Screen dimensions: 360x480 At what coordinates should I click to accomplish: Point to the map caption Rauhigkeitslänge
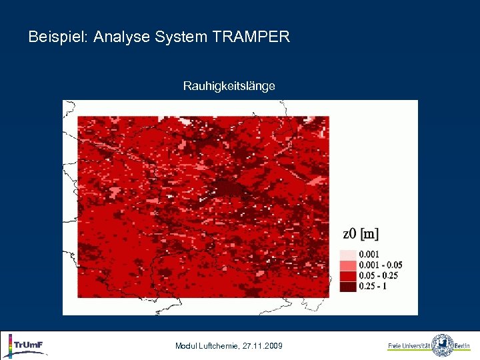coord(229,86)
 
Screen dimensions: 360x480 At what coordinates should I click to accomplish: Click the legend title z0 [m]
coord(360,234)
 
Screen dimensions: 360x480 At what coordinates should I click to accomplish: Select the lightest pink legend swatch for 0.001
coord(348,255)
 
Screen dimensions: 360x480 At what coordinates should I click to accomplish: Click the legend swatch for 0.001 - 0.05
coord(348,265)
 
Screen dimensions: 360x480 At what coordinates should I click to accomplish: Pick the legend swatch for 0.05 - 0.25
coord(348,276)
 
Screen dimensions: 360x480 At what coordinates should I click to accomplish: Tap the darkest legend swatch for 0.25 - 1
coord(348,287)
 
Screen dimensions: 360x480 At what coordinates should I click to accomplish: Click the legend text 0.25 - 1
coord(373,287)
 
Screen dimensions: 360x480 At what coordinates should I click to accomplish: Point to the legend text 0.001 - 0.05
coord(381,265)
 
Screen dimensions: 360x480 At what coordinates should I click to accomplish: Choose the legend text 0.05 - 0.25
coord(379,276)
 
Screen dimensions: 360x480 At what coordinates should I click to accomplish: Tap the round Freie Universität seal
coord(442,345)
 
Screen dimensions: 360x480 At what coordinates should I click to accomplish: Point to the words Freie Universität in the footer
coord(409,346)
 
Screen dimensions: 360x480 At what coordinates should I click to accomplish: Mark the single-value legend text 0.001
coord(371,255)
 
